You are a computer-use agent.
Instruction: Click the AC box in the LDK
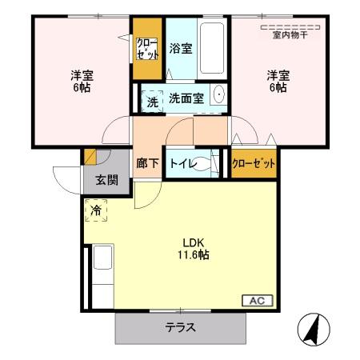257,300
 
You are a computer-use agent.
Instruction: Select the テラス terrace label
181,328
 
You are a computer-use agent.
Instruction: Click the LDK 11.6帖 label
194,249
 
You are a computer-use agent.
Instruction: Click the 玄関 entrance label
106,179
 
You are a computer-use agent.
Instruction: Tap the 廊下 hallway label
146,163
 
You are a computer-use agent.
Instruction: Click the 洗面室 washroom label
186,98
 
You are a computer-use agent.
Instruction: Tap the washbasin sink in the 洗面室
218,99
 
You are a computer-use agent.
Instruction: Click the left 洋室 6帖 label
82,81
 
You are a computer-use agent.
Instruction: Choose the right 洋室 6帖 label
278,81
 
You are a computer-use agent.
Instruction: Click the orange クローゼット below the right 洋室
254,163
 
